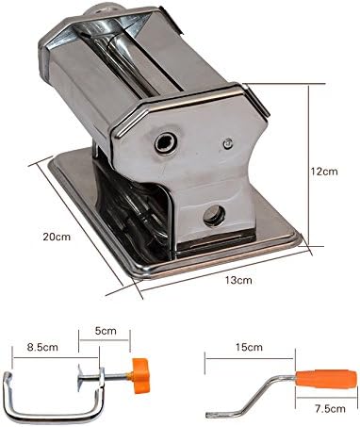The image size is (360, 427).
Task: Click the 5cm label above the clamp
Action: pyautogui.click(x=106, y=332)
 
